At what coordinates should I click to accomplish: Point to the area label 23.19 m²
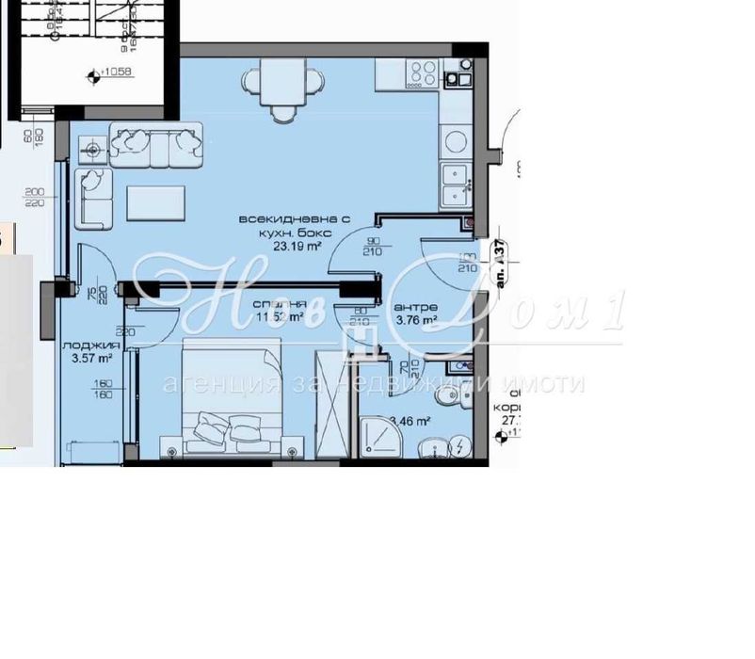point(297,247)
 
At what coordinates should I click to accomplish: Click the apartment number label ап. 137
point(500,264)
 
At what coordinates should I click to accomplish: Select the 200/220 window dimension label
point(36,196)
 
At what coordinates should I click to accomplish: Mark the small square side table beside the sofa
point(93,149)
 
